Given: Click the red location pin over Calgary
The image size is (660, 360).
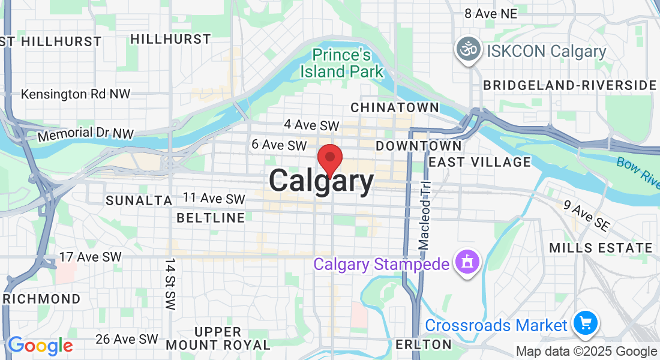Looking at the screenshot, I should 329,159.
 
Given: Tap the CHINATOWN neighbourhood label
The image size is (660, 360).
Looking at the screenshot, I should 394,107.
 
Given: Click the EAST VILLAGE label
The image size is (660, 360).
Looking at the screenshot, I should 479,161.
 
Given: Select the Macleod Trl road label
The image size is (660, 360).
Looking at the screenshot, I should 425,215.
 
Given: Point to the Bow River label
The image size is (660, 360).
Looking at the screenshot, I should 638,169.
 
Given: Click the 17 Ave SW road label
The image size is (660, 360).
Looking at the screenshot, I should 90,257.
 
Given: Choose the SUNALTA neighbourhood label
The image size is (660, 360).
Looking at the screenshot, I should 139,200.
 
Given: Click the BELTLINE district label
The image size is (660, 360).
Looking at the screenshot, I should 211,218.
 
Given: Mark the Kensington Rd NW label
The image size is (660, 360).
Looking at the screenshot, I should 75,94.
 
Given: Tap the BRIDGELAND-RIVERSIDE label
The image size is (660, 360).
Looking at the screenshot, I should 569,85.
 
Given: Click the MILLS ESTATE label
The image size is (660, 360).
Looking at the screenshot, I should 600,248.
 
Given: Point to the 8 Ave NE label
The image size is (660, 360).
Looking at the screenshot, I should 491,13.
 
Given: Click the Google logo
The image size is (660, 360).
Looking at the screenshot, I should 40,346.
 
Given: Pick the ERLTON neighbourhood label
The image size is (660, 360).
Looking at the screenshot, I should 423,344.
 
